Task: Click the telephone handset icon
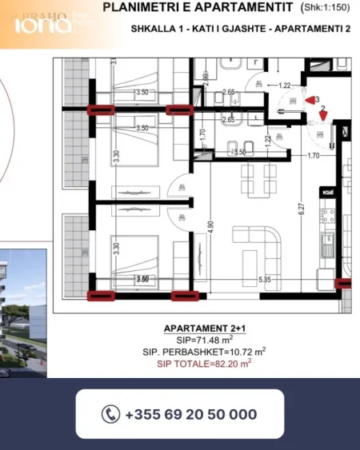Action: [110, 414]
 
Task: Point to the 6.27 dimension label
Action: [302, 208]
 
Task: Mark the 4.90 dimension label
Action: [210, 226]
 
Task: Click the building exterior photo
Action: [22, 300]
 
